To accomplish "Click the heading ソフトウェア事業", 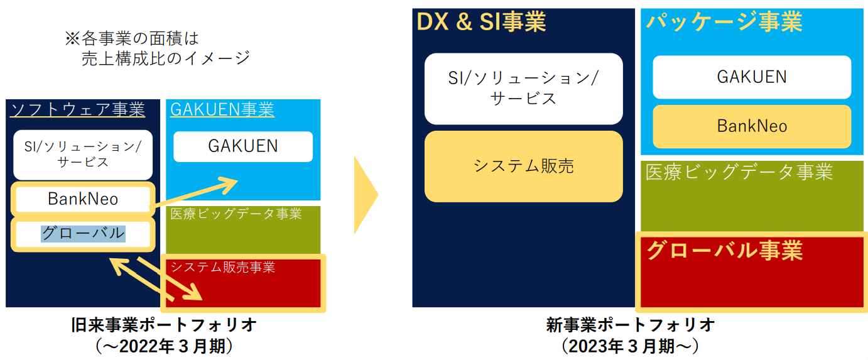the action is coord(77,109).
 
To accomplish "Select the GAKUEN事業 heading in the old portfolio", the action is coord(222,110).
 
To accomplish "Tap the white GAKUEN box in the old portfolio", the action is coord(243,146).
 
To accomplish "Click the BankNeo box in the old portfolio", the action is coord(83,199).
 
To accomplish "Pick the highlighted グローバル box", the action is coord(83,234).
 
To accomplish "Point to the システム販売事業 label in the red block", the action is coord(223,268).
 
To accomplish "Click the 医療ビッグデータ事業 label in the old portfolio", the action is coord(236,214).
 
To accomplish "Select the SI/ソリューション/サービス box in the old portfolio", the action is coord(83,155).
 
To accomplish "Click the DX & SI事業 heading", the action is coord(481,22).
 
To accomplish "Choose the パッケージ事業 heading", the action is coord(724,22).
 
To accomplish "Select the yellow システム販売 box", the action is coord(524,166).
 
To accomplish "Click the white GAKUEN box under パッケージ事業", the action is coord(752,77).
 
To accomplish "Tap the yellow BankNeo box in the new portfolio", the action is coord(752,126).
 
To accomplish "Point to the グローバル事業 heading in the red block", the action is coord(725,250).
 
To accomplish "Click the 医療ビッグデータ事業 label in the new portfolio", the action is coord(739,172).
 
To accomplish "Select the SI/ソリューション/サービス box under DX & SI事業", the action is coord(524,89).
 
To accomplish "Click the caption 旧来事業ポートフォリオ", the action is coord(164,325).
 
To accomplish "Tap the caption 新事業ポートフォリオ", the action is coord(631,325).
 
